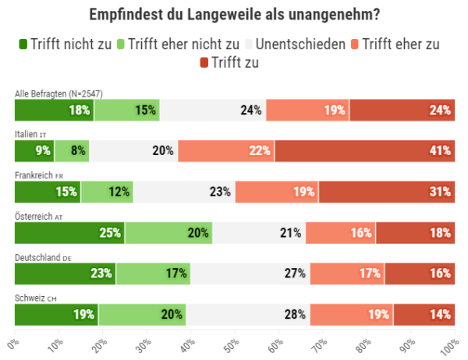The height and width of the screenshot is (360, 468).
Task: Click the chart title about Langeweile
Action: click(x=234, y=15)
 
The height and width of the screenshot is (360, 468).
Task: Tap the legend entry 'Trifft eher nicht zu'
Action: click(x=176, y=44)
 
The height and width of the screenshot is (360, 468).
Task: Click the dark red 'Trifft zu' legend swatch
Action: click(x=205, y=62)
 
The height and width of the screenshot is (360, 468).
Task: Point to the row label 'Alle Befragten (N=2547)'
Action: click(x=59, y=94)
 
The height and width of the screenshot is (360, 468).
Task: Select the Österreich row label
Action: click(x=38, y=216)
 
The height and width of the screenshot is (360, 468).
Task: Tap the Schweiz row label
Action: click(x=36, y=298)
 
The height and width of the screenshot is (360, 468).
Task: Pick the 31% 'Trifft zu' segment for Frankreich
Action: click(x=386, y=192)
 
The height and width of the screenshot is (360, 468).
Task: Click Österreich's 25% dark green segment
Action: click(x=70, y=232)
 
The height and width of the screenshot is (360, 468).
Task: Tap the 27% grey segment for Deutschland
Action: click(x=249, y=274)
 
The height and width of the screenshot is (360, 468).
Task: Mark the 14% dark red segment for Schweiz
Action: click(x=424, y=314)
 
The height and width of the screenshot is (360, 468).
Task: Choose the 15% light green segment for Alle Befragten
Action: click(x=126, y=110)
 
